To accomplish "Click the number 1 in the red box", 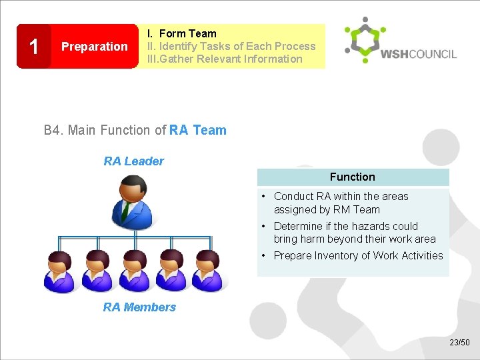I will [x=33, y=47].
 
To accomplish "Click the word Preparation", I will [x=94, y=47].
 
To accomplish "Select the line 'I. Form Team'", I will [x=182, y=33].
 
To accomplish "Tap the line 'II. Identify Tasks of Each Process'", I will [x=231, y=46].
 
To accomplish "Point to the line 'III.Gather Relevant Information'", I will [x=225, y=59].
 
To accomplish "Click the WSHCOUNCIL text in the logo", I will [x=419, y=53].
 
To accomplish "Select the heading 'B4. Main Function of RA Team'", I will [x=135, y=130].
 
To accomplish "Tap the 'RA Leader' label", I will [x=133, y=161].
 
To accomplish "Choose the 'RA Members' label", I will [x=139, y=307].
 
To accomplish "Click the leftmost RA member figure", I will [x=61, y=272].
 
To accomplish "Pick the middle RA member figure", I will [x=135, y=272].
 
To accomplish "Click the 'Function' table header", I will [x=352, y=177].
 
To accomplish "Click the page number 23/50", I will [x=459, y=343].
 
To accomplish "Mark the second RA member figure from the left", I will [x=98, y=272].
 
